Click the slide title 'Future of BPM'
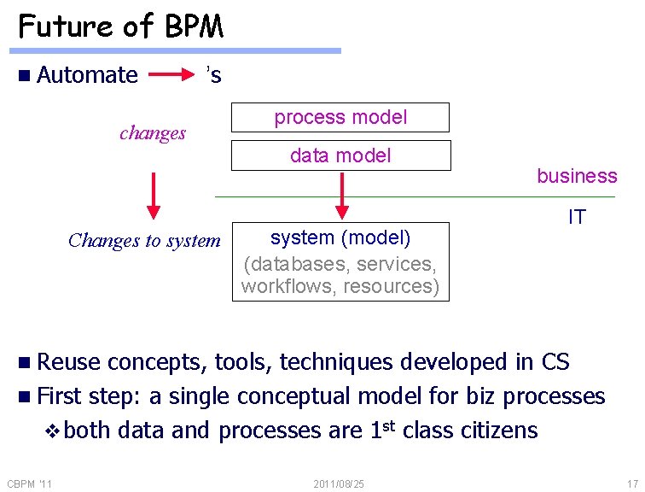(x=120, y=26)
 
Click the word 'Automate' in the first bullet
(x=87, y=75)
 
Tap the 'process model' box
(x=340, y=117)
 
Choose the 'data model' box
(x=340, y=155)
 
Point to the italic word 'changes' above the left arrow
(x=153, y=133)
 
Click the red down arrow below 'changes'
(x=154, y=195)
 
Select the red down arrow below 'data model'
(x=341, y=195)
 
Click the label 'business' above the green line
(x=577, y=176)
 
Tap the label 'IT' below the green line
(x=577, y=217)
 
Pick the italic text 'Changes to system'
(x=144, y=241)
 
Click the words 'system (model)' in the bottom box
(x=340, y=237)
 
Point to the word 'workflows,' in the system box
(x=288, y=286)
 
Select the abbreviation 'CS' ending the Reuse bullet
(x=555, y=362)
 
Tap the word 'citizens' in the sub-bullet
(x=500, y=430)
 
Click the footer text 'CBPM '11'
(x=29, y=484)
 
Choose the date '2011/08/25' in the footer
(x=339, y=484)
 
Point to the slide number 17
(x=631, y=483)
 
